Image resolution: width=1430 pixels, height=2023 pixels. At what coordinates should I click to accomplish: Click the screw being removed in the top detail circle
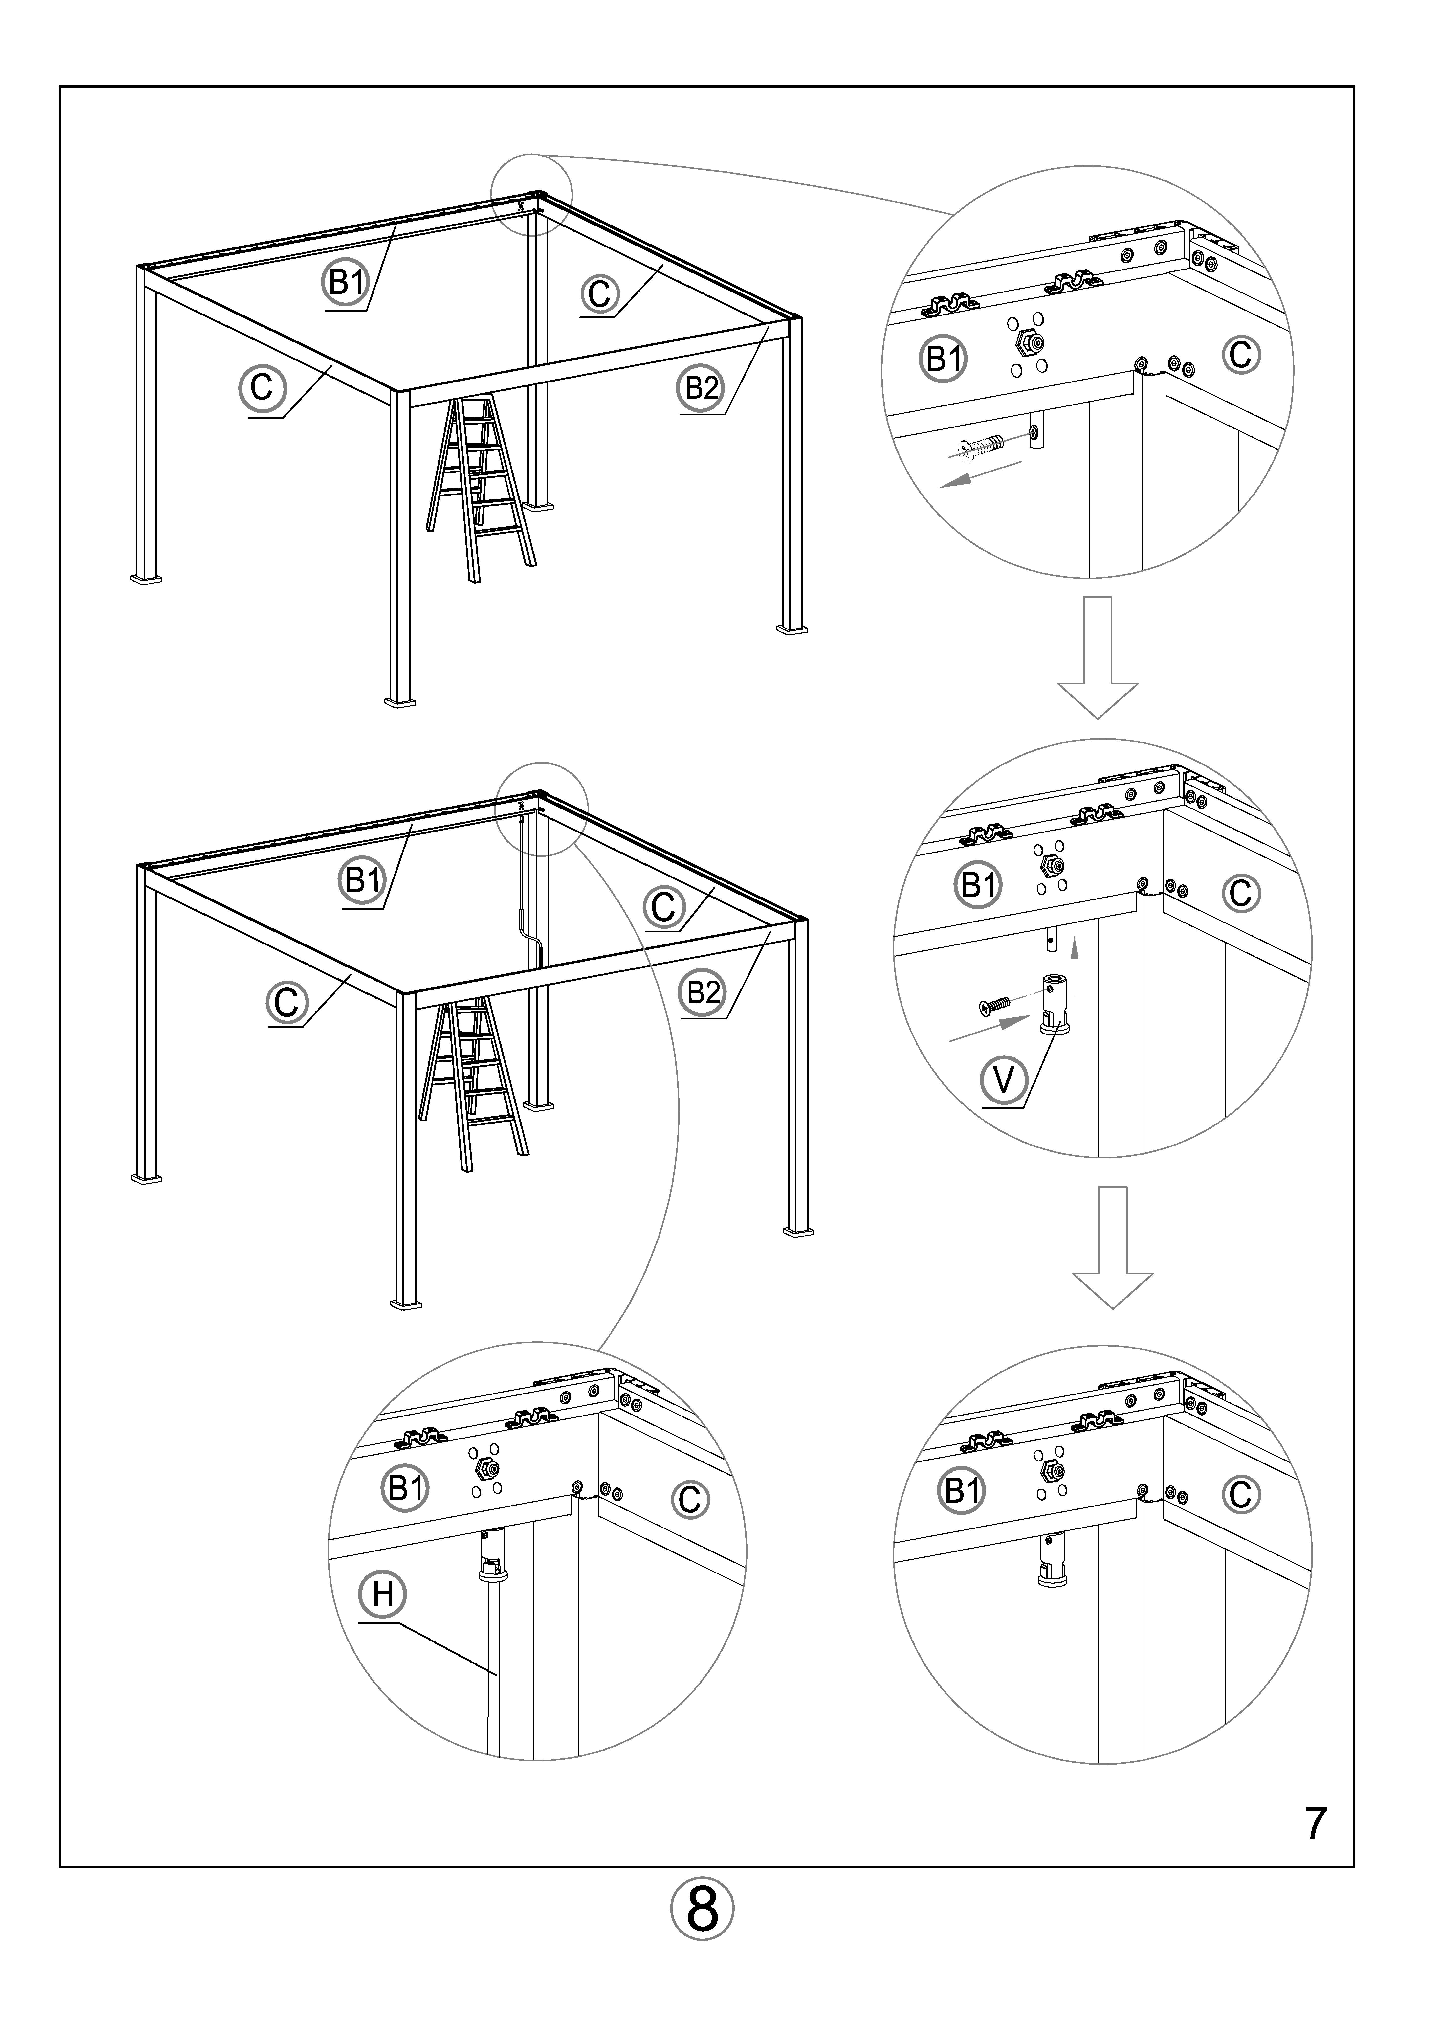(981, 449)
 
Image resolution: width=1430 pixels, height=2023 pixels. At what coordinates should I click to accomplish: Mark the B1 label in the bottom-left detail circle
(406, 1489)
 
